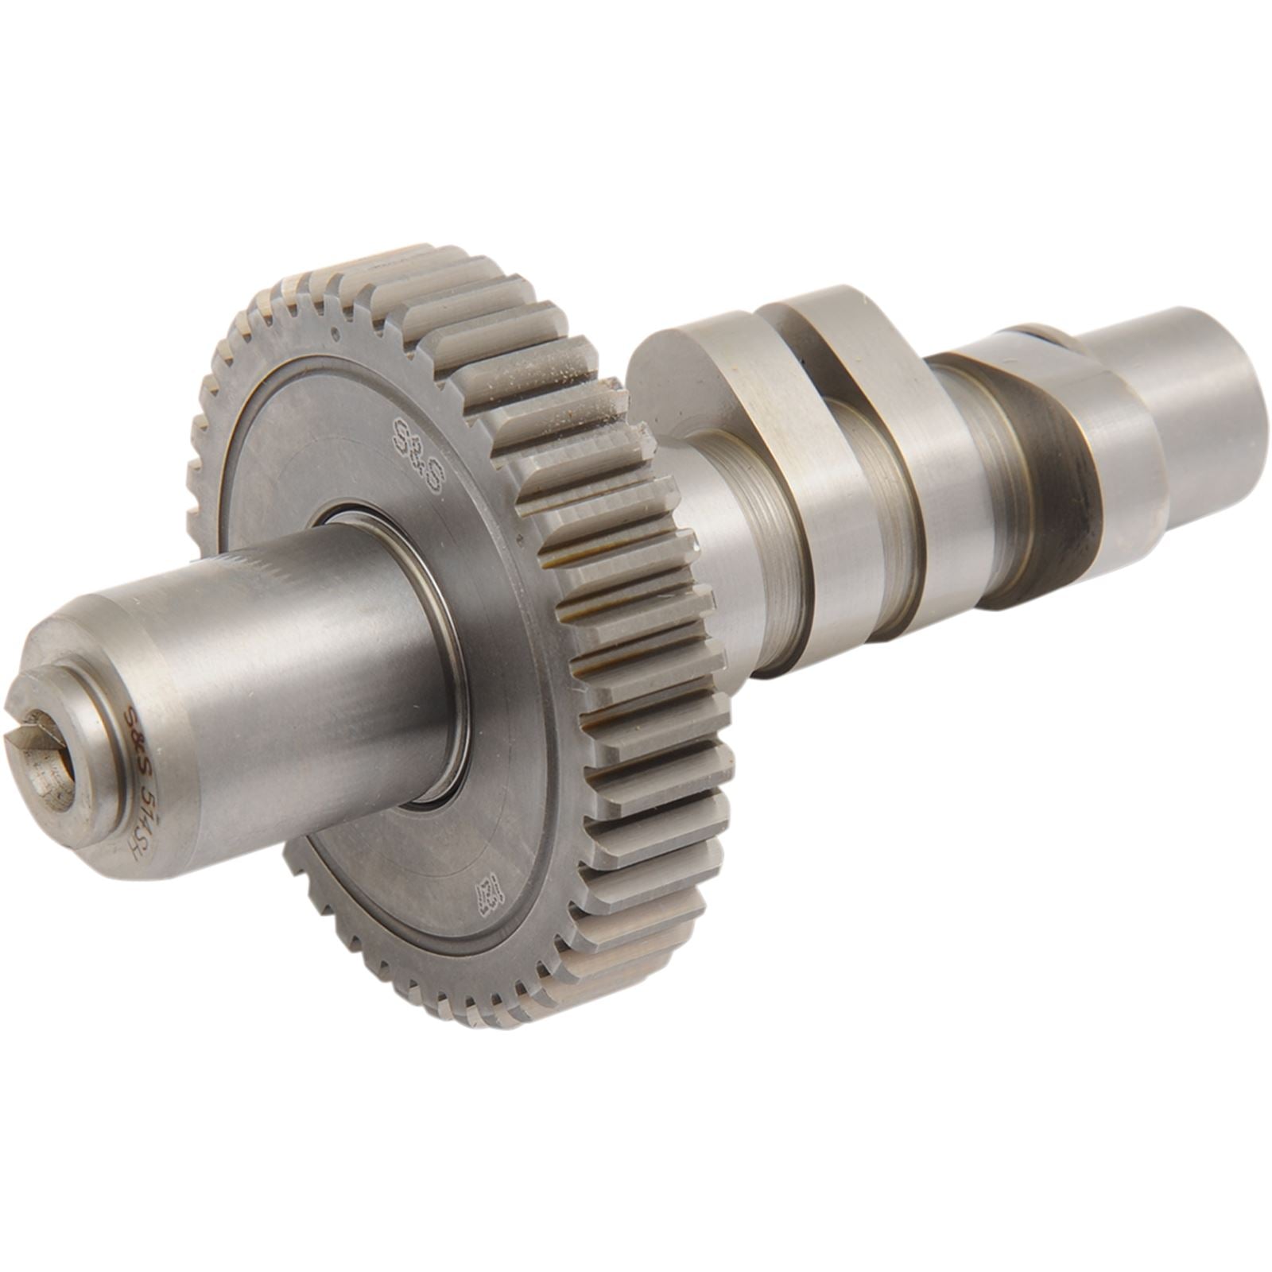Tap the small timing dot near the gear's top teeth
click(335, 334)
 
